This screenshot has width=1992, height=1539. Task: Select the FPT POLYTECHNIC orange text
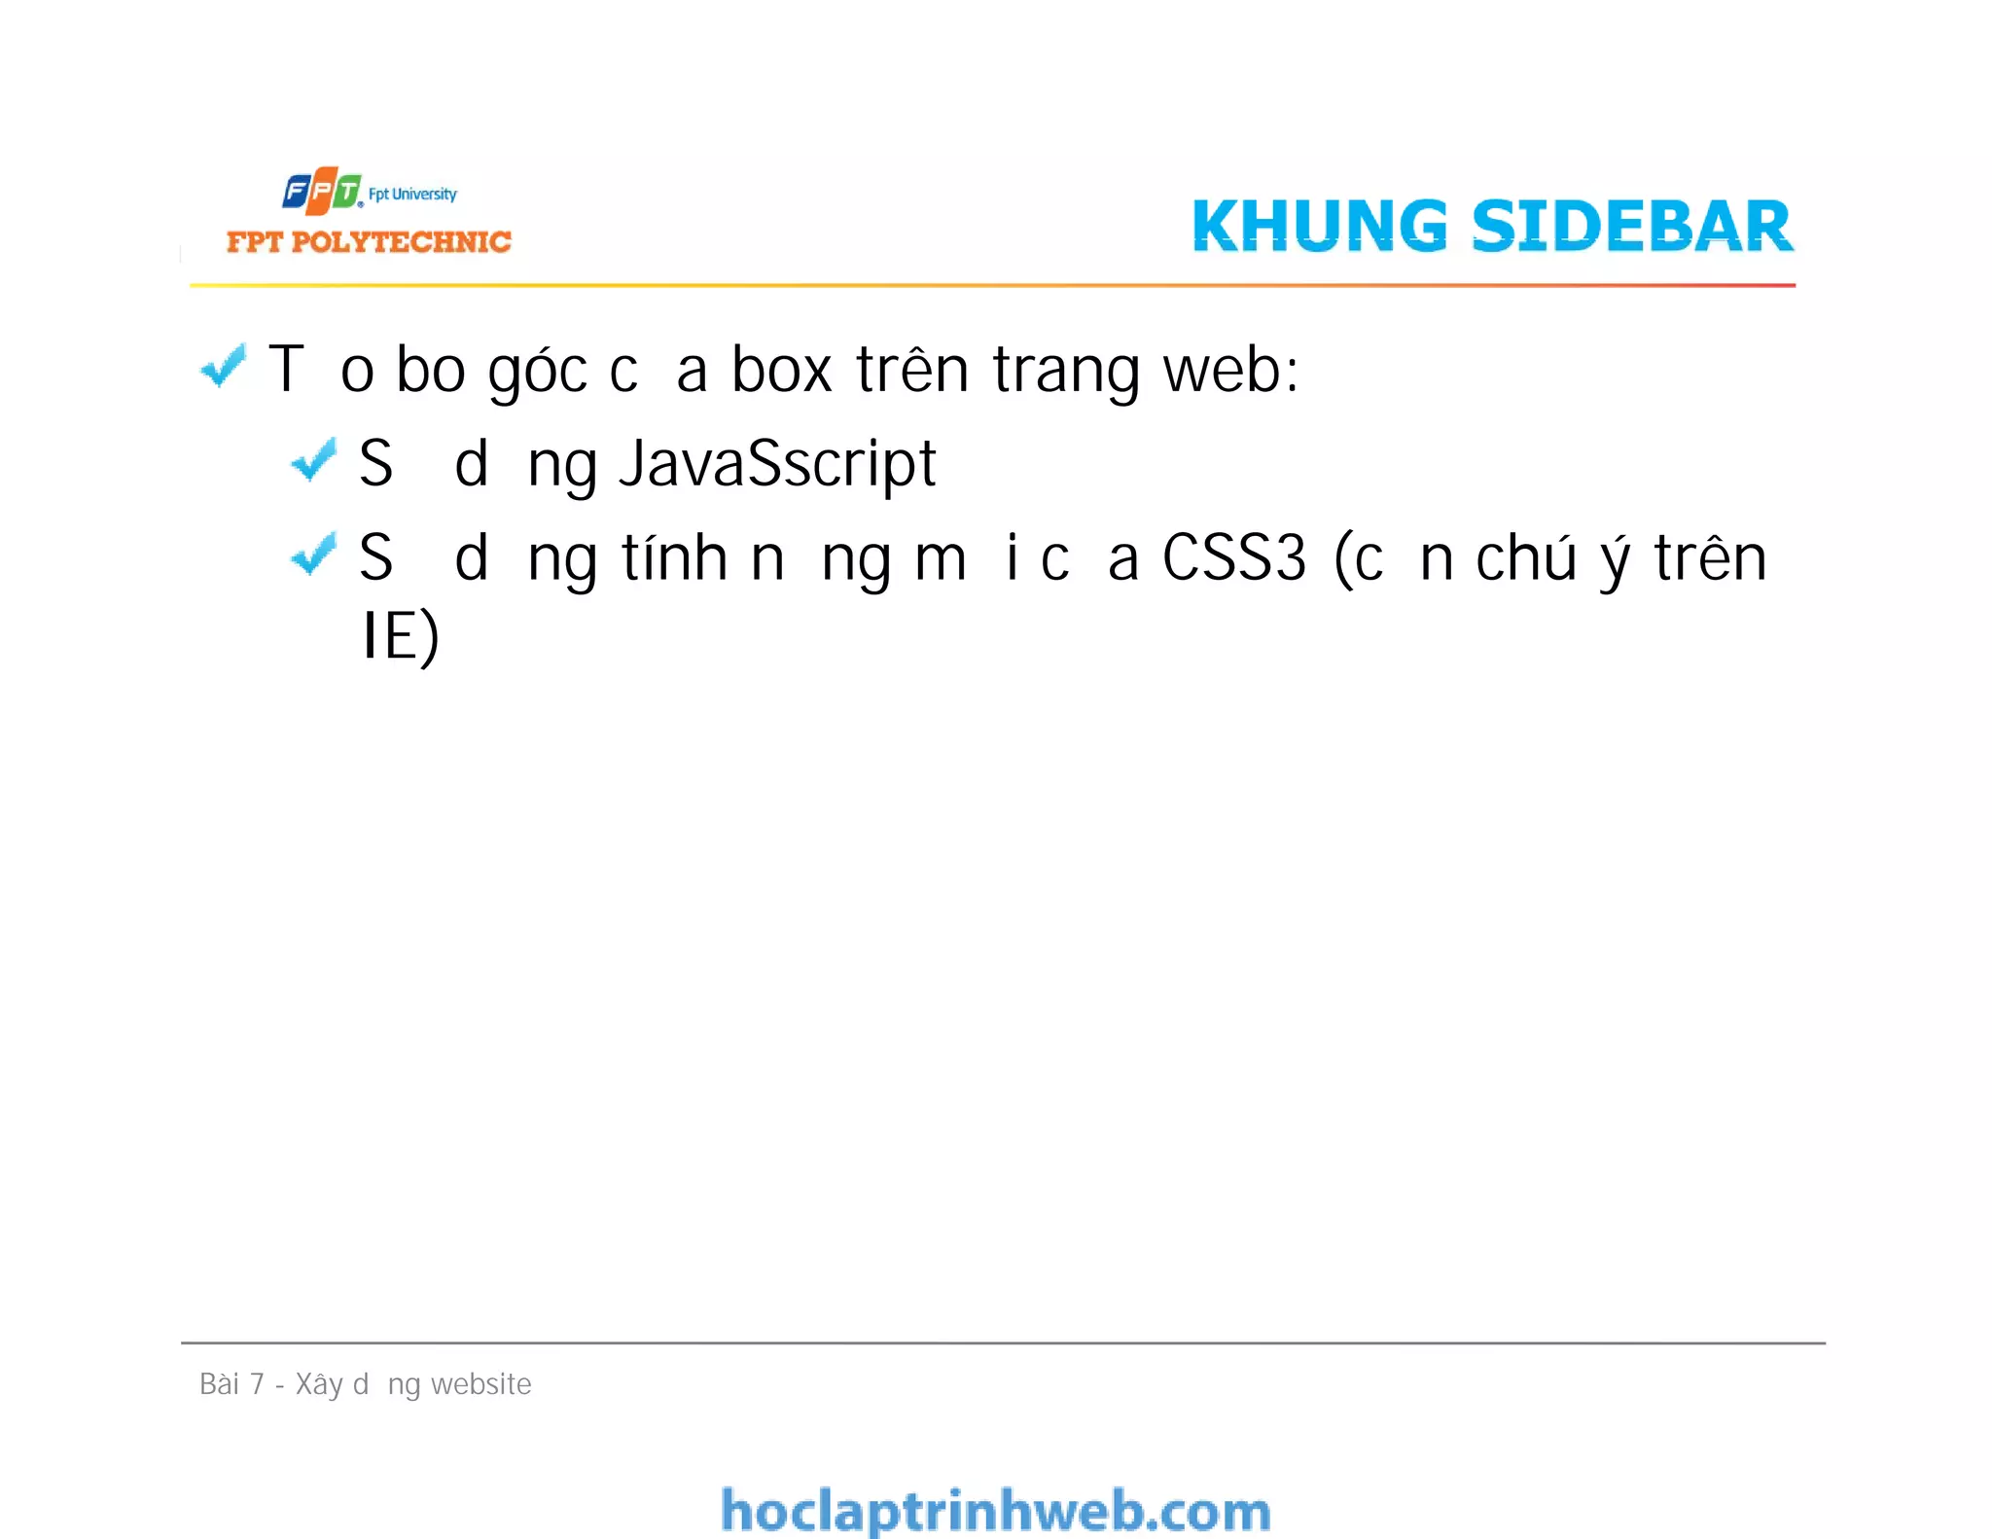pos(369,241)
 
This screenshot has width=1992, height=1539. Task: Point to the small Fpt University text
pos(412,194)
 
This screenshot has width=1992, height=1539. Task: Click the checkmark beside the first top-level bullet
pos(223,367)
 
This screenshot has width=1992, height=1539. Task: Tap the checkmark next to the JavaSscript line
pos(313,459)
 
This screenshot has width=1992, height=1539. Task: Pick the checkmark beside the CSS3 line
pos(313,554)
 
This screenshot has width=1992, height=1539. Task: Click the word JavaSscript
pos(777,464)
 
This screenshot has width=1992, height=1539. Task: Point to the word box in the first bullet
pos(781,371)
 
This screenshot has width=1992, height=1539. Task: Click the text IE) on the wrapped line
pos(401,636)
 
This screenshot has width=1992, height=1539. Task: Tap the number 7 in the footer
pos(257,1383)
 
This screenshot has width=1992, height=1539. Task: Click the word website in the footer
pos(480,1383)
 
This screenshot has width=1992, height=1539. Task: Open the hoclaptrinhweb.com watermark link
pos(995,1511)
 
